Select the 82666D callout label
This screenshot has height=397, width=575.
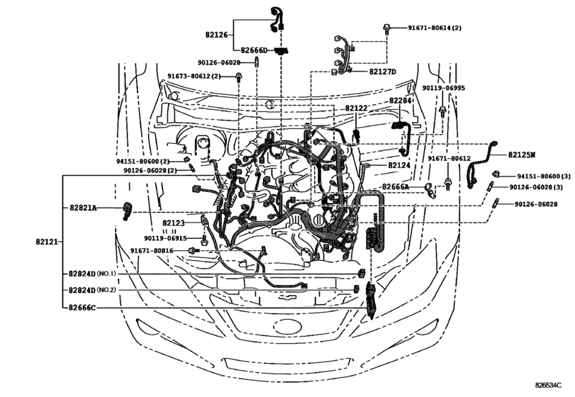pos(253,50)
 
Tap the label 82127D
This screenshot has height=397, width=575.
pos(382,72)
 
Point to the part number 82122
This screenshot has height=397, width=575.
pos(357,108)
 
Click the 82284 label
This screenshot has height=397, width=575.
pos(400,101)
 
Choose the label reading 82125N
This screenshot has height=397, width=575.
pos(522,154)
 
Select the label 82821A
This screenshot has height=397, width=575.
pos(84,207)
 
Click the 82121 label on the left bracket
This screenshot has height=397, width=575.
pos(46,242)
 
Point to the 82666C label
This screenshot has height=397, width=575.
pos(83,308)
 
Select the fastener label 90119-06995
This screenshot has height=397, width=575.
pos(443,88)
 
